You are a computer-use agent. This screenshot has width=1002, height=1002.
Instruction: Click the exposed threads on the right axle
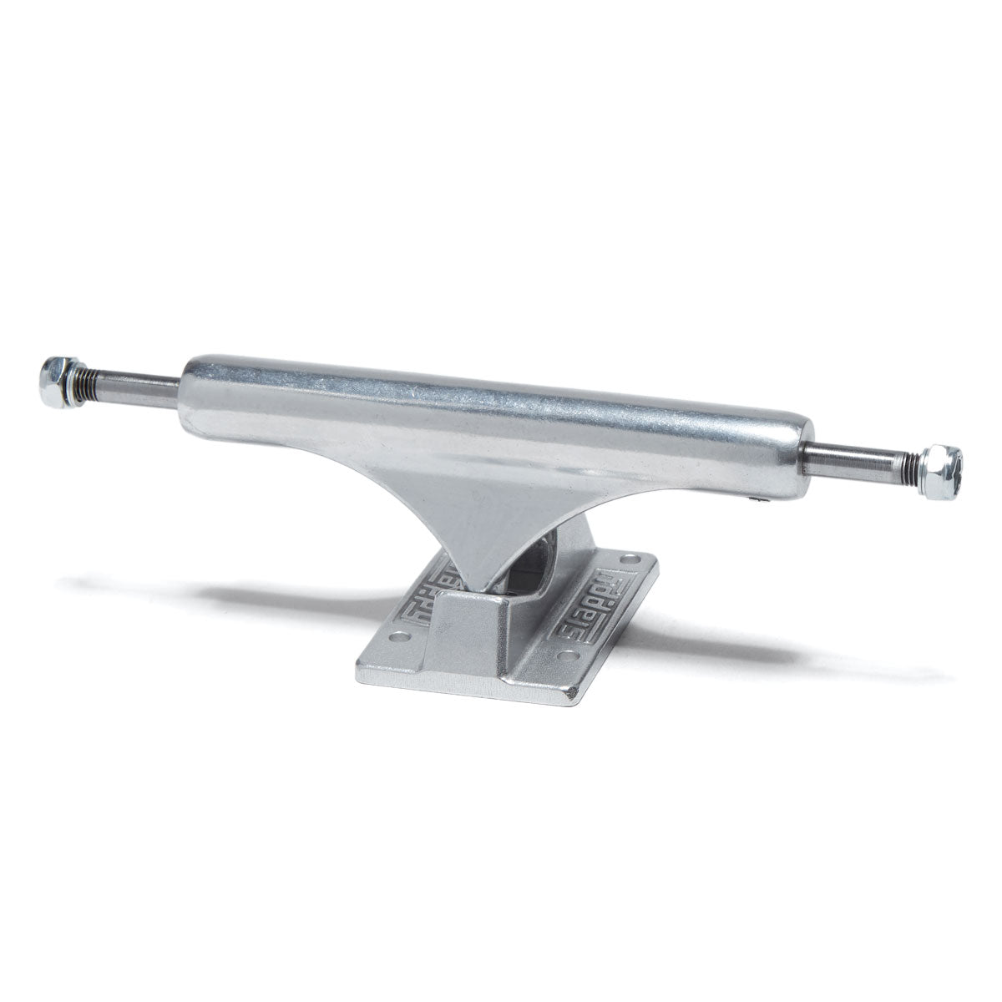click(912, 461)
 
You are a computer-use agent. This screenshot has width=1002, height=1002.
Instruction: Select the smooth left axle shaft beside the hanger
click(138, 382)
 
